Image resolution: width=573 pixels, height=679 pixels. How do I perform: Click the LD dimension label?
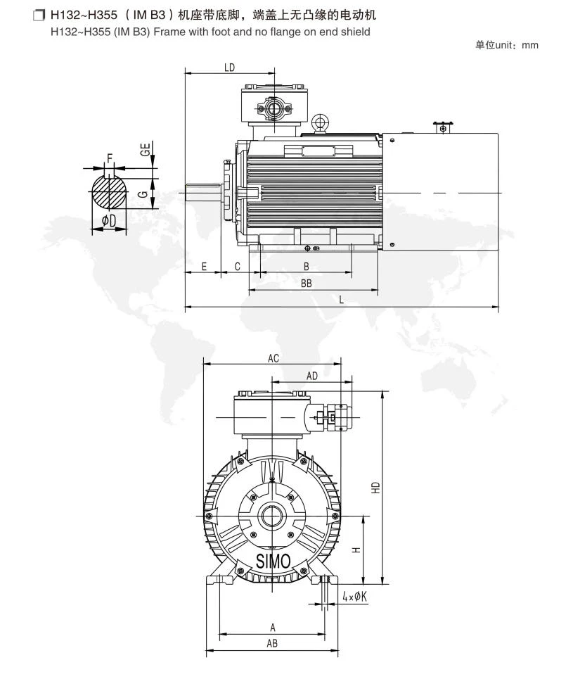(x=229, y=68)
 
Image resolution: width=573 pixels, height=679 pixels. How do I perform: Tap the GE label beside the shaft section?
(x=146, y=149)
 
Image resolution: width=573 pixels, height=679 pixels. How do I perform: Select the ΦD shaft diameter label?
(x=109, y=221)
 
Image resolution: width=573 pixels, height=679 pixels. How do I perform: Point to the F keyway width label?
(x=110, y=158)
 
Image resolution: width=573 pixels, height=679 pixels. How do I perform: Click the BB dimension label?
(x=306, y=283)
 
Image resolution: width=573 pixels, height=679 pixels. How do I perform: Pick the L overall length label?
(x=341, y=300)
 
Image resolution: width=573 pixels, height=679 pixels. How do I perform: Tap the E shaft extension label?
(x=205, y=266)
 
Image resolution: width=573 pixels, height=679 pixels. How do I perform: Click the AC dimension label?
(x=273, y=359)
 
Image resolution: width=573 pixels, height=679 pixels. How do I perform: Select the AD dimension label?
(x=311, y=376)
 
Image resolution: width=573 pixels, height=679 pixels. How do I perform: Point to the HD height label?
(x=375, y=488)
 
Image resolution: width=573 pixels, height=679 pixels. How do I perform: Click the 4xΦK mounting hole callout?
(x=354, y=597)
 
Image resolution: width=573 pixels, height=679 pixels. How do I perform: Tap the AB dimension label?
(x=272, y=644)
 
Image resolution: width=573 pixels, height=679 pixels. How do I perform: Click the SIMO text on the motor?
(x=273, y=561)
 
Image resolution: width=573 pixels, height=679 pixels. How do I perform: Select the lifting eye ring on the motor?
(x=321, y=122)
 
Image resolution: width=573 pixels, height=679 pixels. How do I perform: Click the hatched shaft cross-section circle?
(x=110, y=192)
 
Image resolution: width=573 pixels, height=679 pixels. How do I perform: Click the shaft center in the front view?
(x=271, y=516)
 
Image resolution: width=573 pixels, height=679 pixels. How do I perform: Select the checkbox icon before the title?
(x=39, y=15)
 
